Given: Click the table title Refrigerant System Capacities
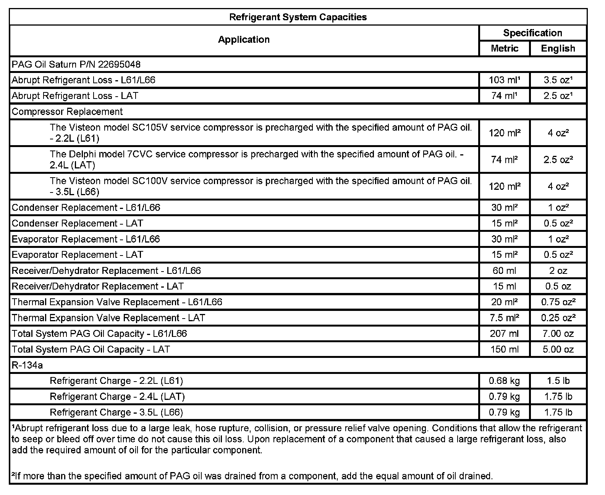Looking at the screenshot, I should tap(298, 17).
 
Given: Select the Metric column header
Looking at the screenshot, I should tap(505, 49).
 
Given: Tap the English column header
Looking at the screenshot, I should tap(558, 49).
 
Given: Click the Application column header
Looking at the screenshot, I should tap(244, 40).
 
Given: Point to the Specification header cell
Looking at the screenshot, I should tap(532, 33).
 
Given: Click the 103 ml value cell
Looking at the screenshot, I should tap(504, 80).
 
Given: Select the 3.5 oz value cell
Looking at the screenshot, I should tap(558, 80).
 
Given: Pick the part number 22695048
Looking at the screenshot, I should tap(119, 65).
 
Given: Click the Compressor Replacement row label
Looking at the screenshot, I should tap(67, 112).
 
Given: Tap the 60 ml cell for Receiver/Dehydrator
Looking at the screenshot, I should tap(504, 271).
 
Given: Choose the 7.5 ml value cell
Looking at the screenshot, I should tap(504, 318).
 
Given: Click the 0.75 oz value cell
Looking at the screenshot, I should tap(558, 302).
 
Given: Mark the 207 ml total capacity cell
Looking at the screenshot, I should tap(504, 334).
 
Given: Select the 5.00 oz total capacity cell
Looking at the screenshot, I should tap(558, 349).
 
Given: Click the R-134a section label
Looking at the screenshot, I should tap(27, 366).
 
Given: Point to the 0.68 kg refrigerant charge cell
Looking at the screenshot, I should tap(504, 381).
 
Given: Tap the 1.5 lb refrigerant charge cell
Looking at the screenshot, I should tap(558, 381).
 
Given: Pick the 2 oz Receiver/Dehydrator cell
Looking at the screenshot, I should tap(558, 271).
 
